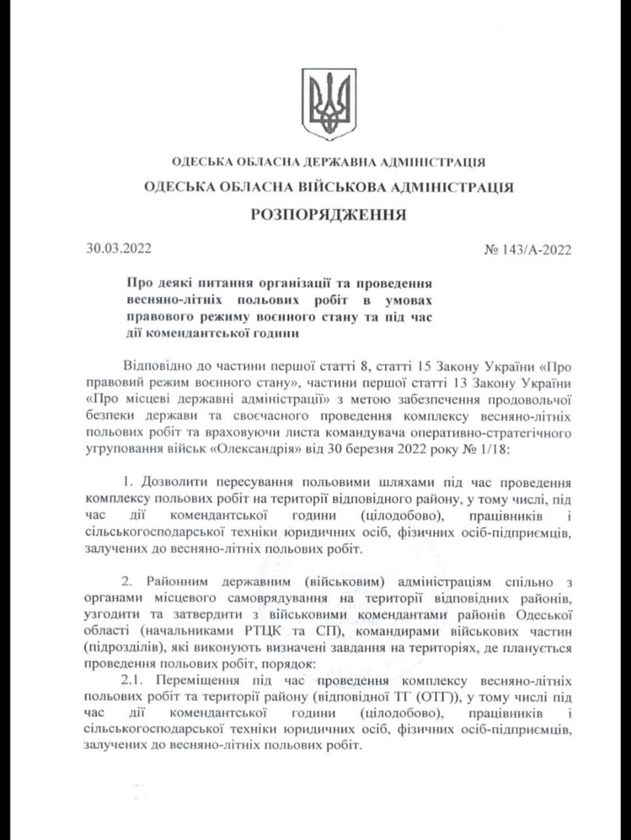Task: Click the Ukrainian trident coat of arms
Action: pyautogui.click(x=329, y=104)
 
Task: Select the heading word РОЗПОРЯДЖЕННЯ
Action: pyautogui.click(x=329, y=215)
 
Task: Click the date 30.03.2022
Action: pyautogui.click(x=119, y=249)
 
